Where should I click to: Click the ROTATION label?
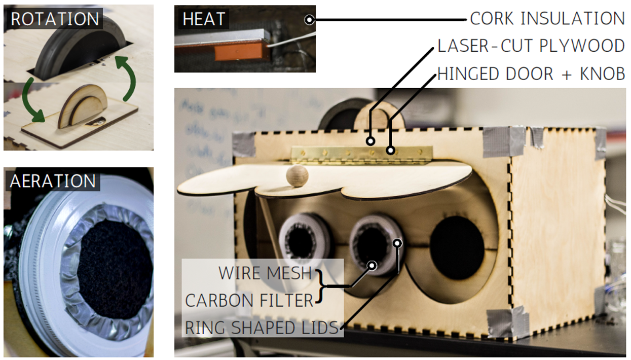pos(54,19)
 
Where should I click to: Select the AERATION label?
pos(53,181)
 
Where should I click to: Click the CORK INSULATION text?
pos(547,19)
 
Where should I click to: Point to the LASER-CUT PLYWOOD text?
pos(531,46)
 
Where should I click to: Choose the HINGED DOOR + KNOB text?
pos(531,74)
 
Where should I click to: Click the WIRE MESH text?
pos(265,273)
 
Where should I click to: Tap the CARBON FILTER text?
pos(249,300)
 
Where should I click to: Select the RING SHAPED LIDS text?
pos(261,328)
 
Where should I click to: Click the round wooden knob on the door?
pos(297,175)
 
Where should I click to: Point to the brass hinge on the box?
pos(361,154)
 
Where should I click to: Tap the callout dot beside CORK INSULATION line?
pos(309,20)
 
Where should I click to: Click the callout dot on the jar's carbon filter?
pos(373,265)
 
